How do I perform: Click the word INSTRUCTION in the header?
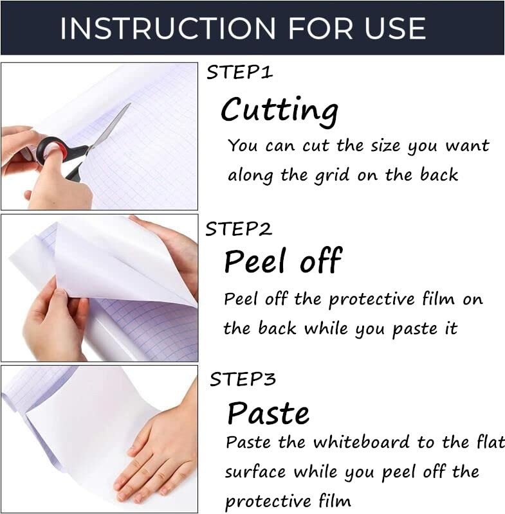pos(168,28)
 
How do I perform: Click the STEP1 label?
pos(239,72)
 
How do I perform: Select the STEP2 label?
pos(239,229)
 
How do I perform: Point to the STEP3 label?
pos(243,379)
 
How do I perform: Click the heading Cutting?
pos(280,111)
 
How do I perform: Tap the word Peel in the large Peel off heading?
pos(255,261)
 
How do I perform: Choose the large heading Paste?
pos(268,413)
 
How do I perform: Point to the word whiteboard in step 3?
pos(362,442)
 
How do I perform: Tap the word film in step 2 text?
pos(438,298)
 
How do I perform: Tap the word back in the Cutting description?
pos(439,174)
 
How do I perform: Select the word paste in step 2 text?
pos(415,329)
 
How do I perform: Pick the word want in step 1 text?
pos(467,145)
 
